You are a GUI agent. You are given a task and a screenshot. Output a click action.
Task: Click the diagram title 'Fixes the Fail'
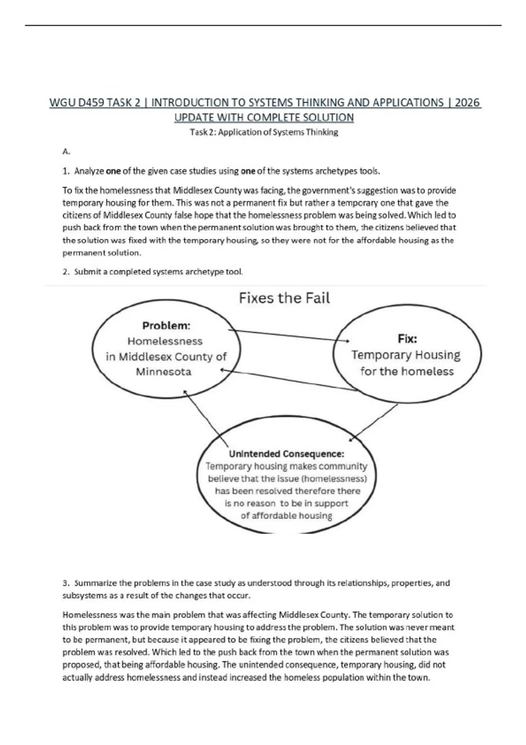[x=284, y=298]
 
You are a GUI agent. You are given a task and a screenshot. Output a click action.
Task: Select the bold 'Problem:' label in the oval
[x=166, y=326]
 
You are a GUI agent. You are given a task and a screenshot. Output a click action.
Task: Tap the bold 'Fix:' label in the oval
[x=407, y=338]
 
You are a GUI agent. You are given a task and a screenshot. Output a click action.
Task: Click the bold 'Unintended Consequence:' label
[x=286, y=454]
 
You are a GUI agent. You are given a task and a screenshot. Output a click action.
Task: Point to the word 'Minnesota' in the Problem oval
[x=163, y=372]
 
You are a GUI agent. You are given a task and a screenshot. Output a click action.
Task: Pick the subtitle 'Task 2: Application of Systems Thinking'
[x=264, y=132]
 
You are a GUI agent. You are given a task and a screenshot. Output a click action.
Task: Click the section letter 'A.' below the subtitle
[x=66, y=152]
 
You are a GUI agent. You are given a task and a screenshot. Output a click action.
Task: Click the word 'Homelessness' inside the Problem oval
[x=165, y=341]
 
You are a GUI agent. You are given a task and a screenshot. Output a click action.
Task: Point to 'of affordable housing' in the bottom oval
[x=286, y=515]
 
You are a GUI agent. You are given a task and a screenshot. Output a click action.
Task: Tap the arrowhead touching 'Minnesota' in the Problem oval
[x=223, y=370]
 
